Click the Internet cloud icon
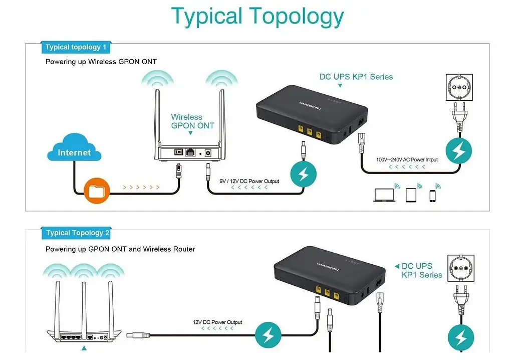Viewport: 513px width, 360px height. tap(74, 149)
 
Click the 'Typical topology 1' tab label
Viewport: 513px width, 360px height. tap(76, 47)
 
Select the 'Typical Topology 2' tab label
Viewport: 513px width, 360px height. tap(78, 233)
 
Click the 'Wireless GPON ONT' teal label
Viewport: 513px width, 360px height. tap(192, 121)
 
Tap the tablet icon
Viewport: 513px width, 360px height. tap(411, 195)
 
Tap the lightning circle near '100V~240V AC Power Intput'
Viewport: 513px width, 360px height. tap(458, 151)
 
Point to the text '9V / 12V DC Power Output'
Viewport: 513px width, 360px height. tap(249, 181)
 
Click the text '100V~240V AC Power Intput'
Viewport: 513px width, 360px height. tap(407, 160)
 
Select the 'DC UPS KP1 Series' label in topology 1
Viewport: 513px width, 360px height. tap(356, 77)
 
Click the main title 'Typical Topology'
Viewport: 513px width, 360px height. tap(257, 16)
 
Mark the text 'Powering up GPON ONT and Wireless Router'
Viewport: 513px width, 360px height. tap(120, 249)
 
